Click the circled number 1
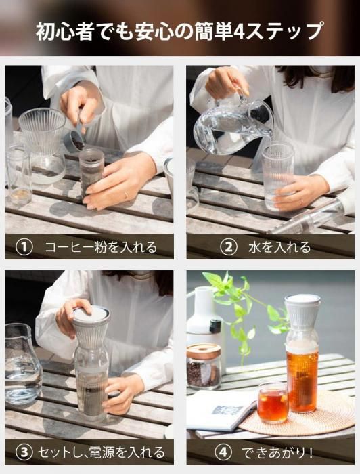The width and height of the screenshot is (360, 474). coord(24,248)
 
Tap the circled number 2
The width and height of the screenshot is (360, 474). coord(229,248)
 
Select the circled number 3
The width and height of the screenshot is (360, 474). coord(24,452)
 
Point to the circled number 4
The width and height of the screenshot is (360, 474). coord(223,452)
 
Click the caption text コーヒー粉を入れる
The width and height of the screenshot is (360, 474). coord(101,248)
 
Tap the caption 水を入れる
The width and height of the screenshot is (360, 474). coord(279,248)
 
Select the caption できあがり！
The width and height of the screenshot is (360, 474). coord(277,452)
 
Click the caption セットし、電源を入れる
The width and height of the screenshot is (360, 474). coord(102,452)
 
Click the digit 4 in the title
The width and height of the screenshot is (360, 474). coord(239,31)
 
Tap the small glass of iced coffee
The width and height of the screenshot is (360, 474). coord(273,403)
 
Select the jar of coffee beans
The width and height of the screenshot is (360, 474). coord(204,366)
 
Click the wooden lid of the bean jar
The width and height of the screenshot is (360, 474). coord(204,351)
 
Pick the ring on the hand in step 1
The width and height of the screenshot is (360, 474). coord(126,196)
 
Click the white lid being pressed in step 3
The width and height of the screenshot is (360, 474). coord(91,315)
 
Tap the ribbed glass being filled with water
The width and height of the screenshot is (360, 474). coord(277,176)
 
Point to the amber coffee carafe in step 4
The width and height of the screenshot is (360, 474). coord(302,353)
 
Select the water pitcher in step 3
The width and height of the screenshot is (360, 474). coord(22,364)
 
